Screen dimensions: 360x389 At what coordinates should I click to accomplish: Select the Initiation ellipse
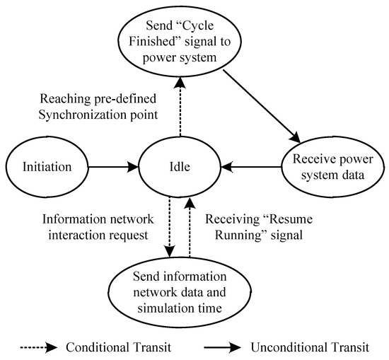(49, 168)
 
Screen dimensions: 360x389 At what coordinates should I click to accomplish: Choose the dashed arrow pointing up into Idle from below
(190, 226)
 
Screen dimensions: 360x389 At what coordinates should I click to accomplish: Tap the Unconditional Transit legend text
(308, 347)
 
